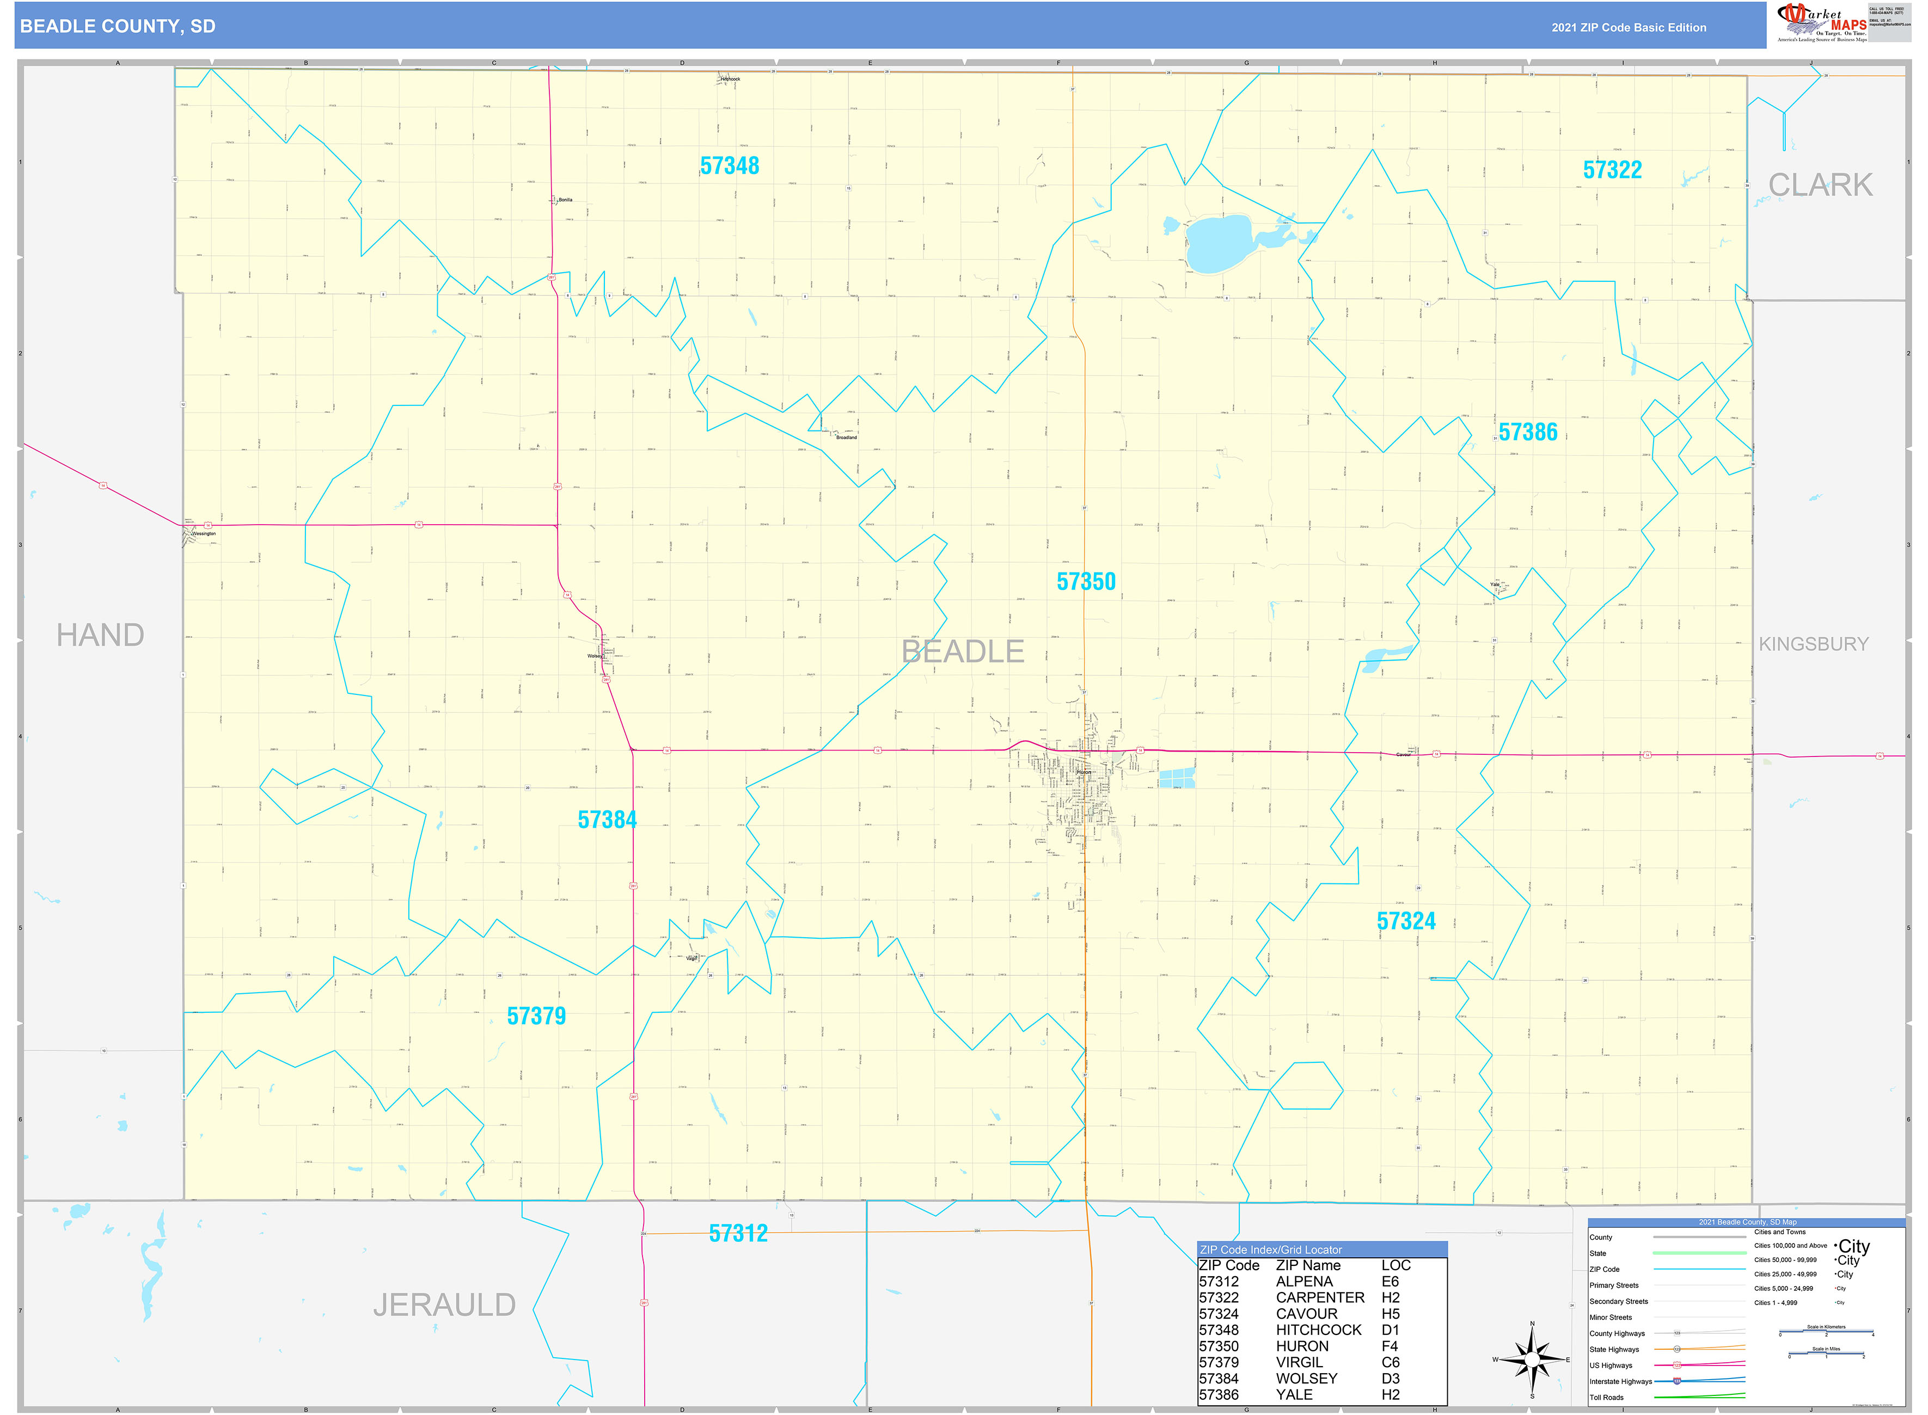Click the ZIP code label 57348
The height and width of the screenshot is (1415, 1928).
(x=729, y=166)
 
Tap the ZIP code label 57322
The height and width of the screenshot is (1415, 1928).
(x=1612, y=170)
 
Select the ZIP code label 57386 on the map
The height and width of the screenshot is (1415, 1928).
(x=1528, y=433)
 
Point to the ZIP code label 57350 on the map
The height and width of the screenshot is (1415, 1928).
(x=1086, y=582)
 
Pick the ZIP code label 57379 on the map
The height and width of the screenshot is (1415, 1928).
(x=536, y=1017)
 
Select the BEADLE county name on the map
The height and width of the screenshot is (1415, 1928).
(x=962, y=652)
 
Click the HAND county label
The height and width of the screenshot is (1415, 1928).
(x=100, y=636)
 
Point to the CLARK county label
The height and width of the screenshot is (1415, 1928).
(x=1820, y=185)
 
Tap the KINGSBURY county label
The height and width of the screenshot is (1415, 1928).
(x=1813, y=644)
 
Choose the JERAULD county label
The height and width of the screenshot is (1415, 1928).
(x=444, y=1306)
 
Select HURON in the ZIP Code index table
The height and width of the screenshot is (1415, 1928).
(x=1302, y=1346)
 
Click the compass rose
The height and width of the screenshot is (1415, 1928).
(x=1532, y=1359)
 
